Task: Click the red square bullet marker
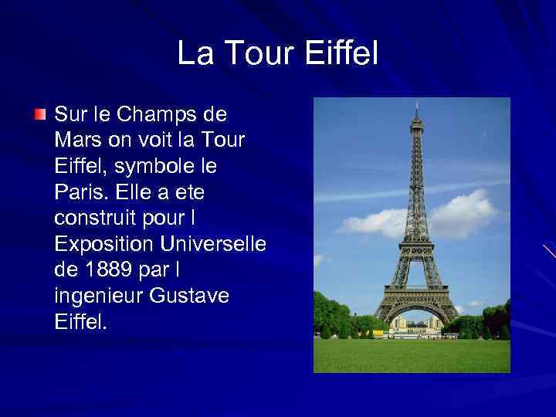[x=39, y=114]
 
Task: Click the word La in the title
[x=193, y=54]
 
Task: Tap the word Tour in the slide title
[x=258, y=54]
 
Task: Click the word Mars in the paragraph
[x=75, y=141]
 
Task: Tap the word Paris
[x=76, y=192]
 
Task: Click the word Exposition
[x=104, y=244]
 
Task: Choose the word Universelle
[x=212, y=244]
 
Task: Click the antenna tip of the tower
[x=417, y=103]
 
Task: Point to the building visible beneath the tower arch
[x=415, y=324]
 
